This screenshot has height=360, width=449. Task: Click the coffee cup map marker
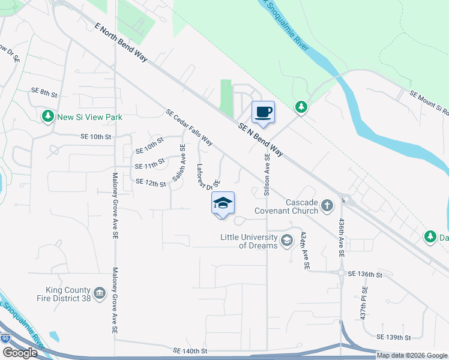point(264,112)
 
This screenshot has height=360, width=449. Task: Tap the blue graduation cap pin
point(223,203)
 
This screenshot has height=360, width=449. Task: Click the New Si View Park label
point(89,117)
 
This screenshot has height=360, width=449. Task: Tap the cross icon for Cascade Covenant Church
point(327,206)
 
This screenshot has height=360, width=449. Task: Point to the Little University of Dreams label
point(250,241)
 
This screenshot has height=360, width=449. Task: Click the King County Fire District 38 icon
point(100,294)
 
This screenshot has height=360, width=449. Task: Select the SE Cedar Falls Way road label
point(189,127)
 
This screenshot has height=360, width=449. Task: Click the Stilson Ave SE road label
point(267,174)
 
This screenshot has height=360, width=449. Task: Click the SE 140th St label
point(190,350)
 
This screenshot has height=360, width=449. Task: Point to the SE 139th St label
point(394,338)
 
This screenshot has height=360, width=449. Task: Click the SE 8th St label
point(44,94)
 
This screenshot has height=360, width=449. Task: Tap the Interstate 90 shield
point(7,338)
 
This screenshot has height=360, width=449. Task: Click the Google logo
point(20,353)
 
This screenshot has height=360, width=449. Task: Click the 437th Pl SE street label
point(363,306)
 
